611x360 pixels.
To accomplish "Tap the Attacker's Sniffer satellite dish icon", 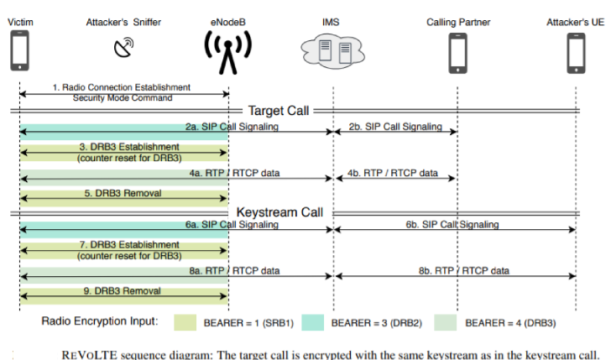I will tap(123, 48).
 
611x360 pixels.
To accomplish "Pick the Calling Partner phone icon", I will tap(457, 52).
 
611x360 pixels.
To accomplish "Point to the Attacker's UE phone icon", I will tap(575, 52).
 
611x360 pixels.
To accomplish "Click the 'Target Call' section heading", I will tap(279, 110).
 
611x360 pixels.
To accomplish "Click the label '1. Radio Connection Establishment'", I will tap(121, 87).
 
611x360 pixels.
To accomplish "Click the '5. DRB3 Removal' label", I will tap(123, 193).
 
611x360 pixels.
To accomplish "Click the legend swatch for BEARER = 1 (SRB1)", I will tap(194, 322).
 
